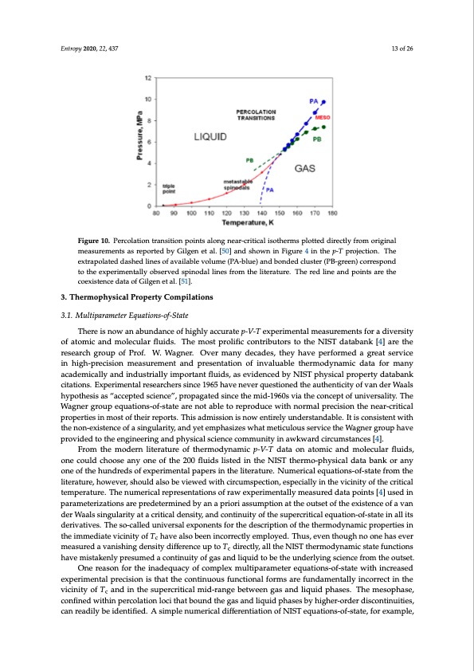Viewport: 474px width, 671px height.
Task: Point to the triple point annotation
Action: click(170, 189)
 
